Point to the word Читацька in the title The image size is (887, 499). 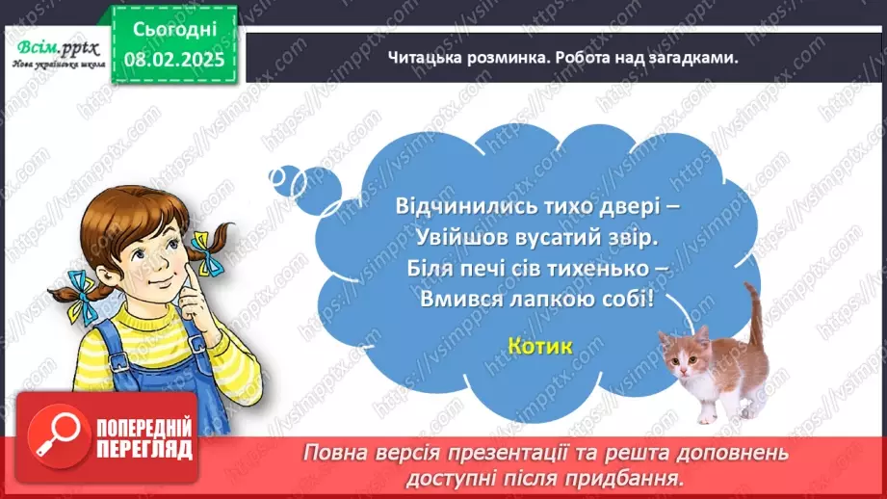coord(426,58)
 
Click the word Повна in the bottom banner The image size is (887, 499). coord(332,452)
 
